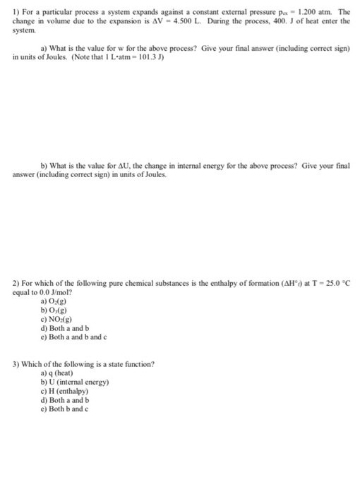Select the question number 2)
16,282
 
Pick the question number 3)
16,364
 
